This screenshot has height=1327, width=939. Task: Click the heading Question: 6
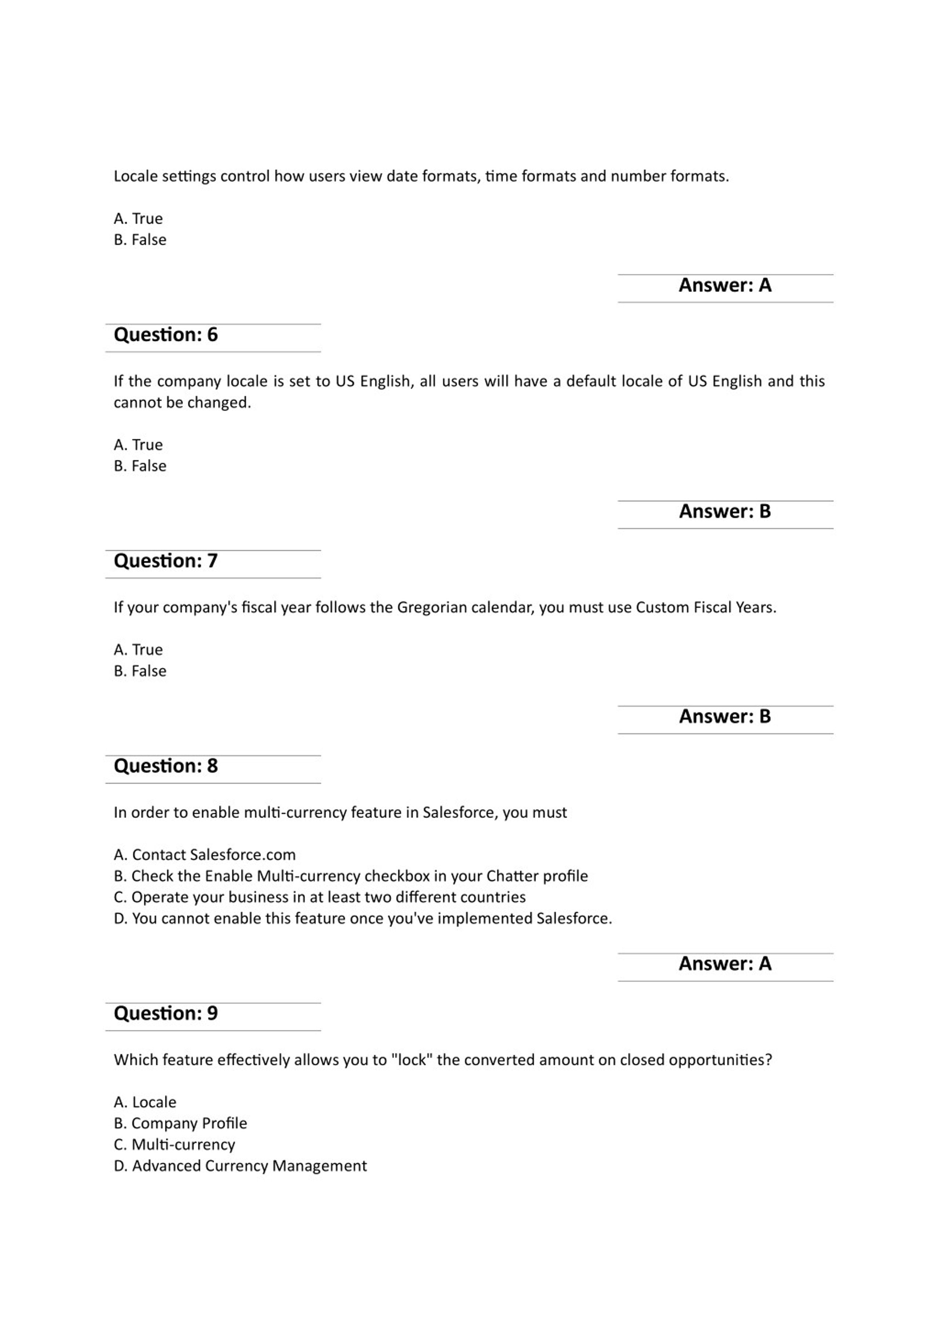[165, 335]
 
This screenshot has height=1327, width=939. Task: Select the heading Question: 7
[165, 560]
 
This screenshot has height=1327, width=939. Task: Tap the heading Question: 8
[165, 766]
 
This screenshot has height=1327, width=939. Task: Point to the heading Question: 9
[165, 1013]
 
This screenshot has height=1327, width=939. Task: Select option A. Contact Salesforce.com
[205, 855]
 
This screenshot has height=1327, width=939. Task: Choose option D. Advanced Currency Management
[240, 1166]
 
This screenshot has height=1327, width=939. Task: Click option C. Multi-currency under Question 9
[175, 1144]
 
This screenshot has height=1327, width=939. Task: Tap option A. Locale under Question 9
[145, 1102]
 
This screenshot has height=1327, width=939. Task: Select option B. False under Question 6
[140, 466]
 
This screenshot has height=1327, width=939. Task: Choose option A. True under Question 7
[138, 650]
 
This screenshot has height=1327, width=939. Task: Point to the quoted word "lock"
[412, 1060]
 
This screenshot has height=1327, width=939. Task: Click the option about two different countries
[320, 897]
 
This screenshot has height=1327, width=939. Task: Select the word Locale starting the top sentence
[135, 176]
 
